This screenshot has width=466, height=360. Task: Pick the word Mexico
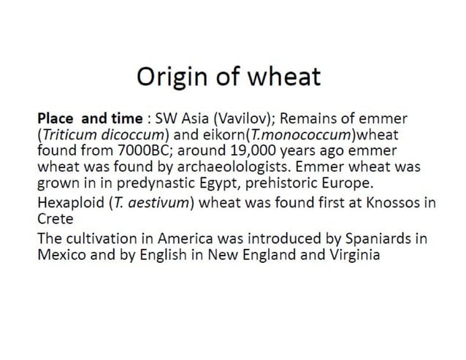point(58,256)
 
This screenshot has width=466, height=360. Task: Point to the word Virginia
point(356,256)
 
